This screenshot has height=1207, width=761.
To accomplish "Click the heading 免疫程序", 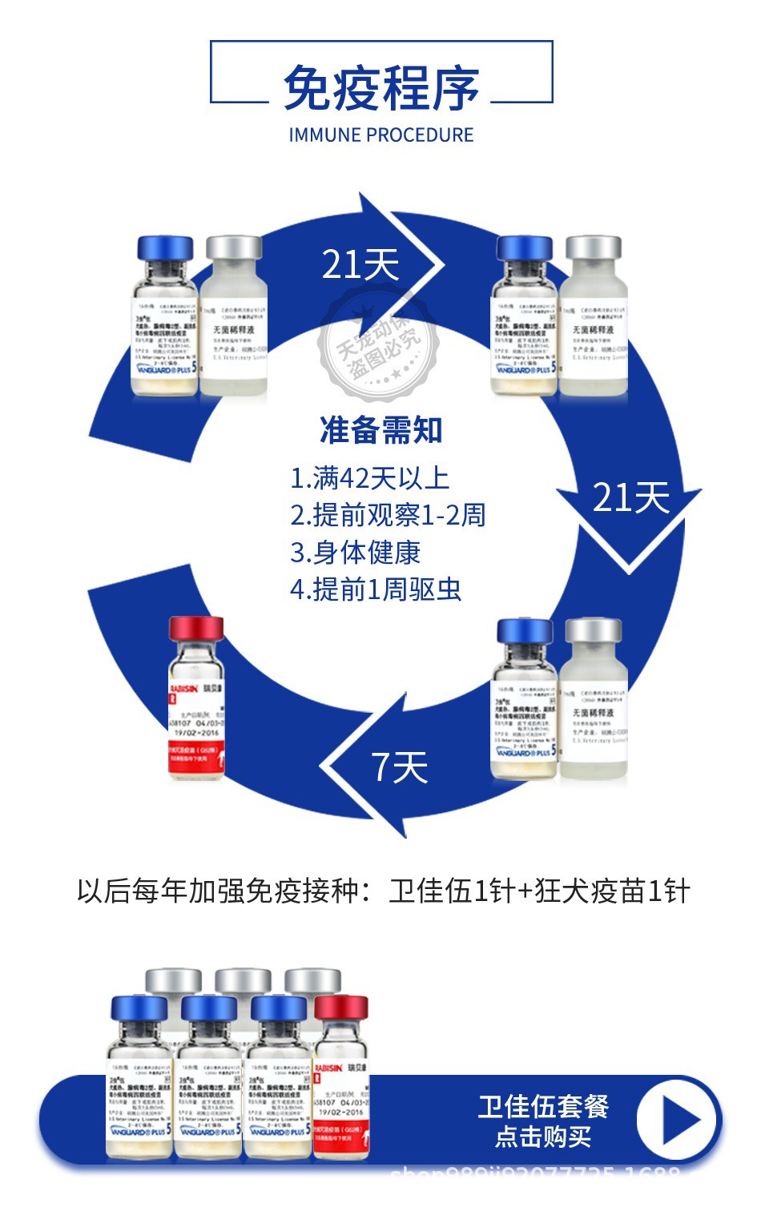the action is tap(381, 87).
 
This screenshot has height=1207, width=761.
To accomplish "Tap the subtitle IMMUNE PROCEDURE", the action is tap(381, 135).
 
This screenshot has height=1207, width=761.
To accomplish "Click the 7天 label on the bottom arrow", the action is tap(400, 767).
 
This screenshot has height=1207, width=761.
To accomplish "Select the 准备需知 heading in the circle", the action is tap(381, 430).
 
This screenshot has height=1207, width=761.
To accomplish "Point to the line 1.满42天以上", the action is tap(369, 478).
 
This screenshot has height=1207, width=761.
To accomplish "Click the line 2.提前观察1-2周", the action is tap(388, 515).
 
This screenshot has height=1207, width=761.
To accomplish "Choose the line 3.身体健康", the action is tap(355, 552).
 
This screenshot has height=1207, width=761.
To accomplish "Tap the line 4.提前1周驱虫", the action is tap(376, 589).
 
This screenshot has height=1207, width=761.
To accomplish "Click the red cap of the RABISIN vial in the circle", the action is tap(196, 629).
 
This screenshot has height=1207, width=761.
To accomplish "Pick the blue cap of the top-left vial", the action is tap(166, 247).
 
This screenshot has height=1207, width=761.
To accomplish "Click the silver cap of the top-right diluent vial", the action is tap(594, 247).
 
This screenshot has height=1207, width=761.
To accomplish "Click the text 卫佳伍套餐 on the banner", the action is tap(543, 1107).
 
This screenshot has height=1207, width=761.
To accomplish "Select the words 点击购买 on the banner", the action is tap(543, 1137).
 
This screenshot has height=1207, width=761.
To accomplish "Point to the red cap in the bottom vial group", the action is tap(340, 1008).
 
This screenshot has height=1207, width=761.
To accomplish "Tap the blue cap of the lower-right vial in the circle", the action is tap(525, 631).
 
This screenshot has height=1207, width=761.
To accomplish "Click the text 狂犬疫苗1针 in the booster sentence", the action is tap(613, 891).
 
